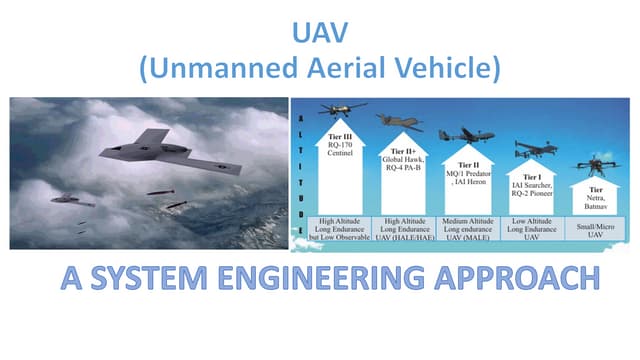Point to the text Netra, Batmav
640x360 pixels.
[x=598, y=199]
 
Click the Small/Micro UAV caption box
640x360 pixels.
[x=598, y=230]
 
